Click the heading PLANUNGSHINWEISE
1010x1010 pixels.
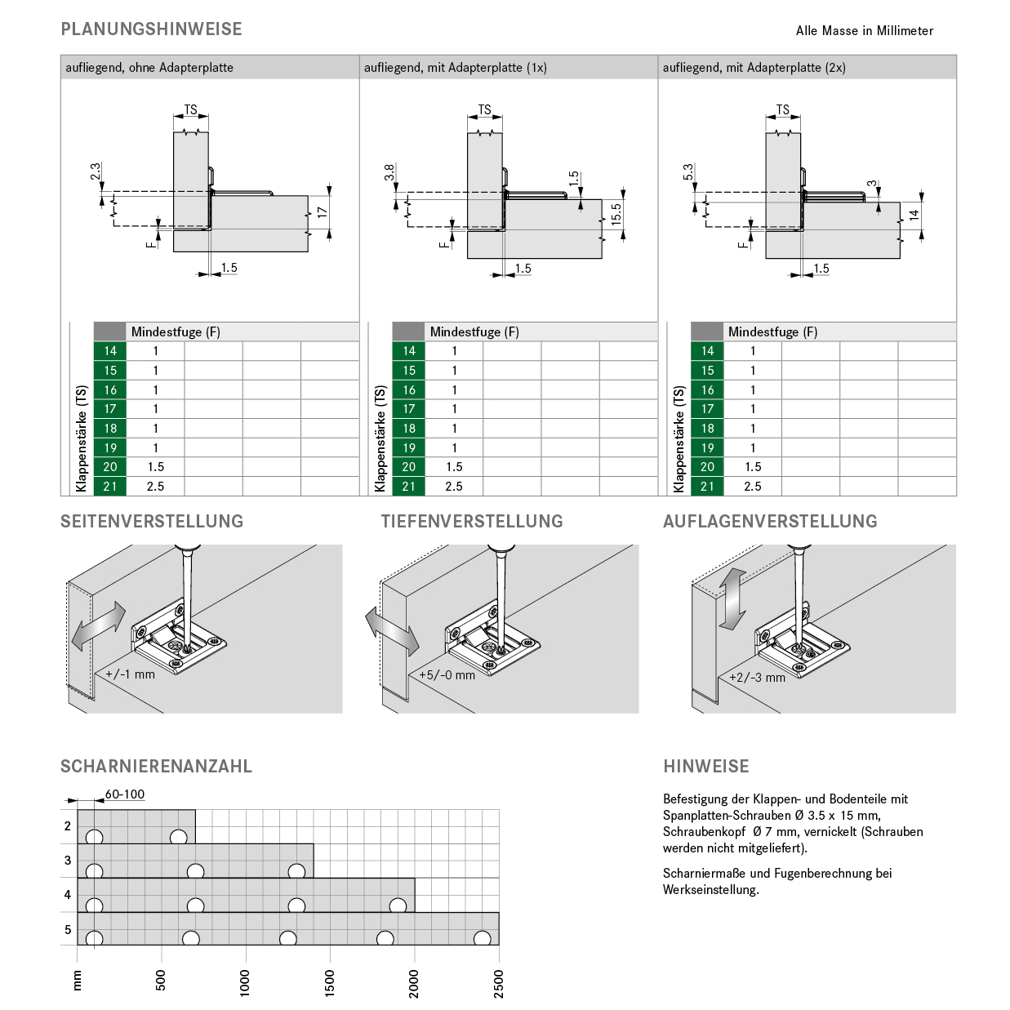(x=151, y=29)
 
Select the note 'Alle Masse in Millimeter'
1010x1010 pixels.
(x=864, y=31)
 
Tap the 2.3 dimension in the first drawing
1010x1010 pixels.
(x=96, y=172)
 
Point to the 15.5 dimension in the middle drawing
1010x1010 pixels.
(x=616, y=214)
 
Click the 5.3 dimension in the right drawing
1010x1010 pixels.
(x=688, y=172)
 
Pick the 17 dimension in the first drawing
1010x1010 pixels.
(x=323, y=212)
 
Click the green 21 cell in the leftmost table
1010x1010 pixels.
(x=110, y=487)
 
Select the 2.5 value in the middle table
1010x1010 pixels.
(x=454, y=487)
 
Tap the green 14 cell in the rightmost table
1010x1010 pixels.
(x=707, y=351)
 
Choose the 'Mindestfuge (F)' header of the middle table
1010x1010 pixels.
(x=474, y=331)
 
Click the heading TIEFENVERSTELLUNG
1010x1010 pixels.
(x=472, y=522)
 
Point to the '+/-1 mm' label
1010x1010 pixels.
(x=130, y=674)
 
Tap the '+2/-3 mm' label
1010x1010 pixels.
(x=757, y=678)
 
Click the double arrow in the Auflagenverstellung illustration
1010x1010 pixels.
(x=732, y=600)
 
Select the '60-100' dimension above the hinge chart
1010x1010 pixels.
(x=124, y=794)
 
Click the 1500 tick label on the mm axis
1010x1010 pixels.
(x=330, y=983)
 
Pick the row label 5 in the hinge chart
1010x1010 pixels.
(x=68, y=929)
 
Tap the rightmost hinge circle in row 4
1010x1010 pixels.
(x=398, y=905)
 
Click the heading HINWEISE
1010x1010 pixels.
(x=706, y=767)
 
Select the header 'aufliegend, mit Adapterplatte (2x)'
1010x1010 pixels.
(x=754, y=68)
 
